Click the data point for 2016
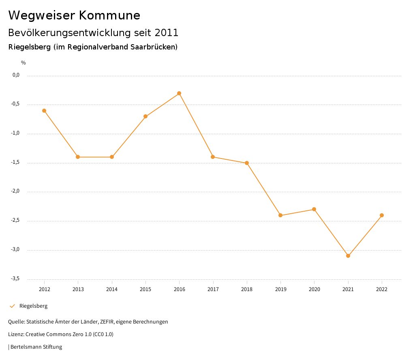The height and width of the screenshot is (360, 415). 179,93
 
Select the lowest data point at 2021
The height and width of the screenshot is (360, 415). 348,256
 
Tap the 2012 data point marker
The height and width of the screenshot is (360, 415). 44,111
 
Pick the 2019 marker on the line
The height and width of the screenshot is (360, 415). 280,215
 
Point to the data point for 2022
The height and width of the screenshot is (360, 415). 382,215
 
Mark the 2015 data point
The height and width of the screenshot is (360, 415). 145,116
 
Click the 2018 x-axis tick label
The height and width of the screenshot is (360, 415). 247,289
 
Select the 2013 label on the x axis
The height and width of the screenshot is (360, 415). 78,289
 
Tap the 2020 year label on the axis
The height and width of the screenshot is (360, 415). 314,289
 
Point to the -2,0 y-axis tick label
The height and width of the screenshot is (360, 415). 16,191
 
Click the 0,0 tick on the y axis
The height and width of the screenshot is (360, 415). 16,75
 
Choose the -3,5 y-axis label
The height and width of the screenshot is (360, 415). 16,279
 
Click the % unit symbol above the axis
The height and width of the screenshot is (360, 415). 24,63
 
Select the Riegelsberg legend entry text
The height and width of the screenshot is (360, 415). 33,306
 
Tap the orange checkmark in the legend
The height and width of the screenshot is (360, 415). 12,306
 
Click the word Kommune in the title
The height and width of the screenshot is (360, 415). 109,15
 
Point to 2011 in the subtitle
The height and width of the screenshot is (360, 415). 167,32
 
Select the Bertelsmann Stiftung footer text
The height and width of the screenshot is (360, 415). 36,347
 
